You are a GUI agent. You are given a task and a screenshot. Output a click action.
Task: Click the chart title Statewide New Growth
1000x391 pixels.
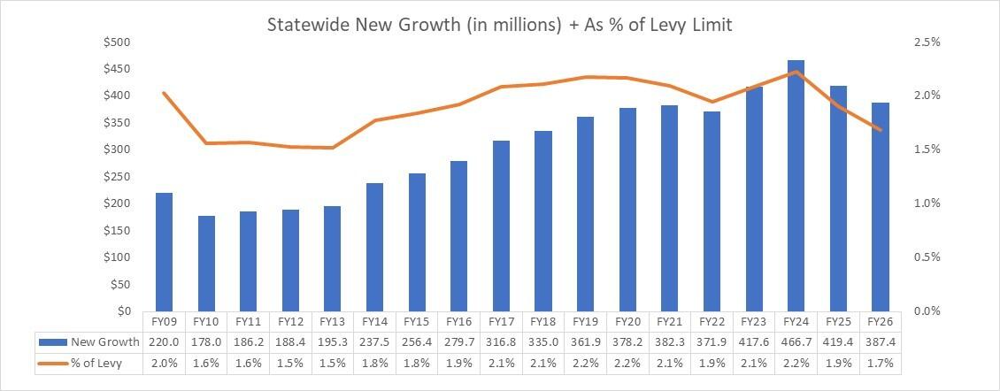[x=500, y=26]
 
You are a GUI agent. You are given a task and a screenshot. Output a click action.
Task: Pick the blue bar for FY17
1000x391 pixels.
[x=501, y=226]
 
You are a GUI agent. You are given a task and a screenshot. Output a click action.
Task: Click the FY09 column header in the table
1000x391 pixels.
[x=165, y=321]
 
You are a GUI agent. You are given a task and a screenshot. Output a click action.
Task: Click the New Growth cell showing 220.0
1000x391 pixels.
[x=165, y=341]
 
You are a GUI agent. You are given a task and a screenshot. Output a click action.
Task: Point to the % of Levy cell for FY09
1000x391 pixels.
[x=165, y=363]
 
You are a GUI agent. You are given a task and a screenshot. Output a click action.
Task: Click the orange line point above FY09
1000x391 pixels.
[x=165, y=93]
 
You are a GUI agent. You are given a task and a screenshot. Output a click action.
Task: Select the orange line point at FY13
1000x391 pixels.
[x=333, y=148]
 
